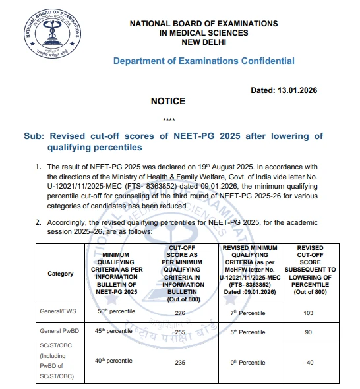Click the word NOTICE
coord(168,101)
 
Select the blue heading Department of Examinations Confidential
coord(204,61)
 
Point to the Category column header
coord(61,274)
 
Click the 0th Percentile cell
coord(243,362)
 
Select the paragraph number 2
coord(39,223)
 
